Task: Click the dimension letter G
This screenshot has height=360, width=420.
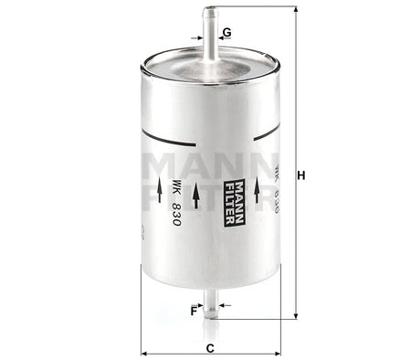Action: (x=226, y=32)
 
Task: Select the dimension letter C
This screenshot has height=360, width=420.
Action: (x=210, y=347)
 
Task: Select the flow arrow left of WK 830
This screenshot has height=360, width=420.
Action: (x=148, y=195)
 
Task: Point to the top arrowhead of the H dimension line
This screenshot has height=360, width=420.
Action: (x=294, y=10)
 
